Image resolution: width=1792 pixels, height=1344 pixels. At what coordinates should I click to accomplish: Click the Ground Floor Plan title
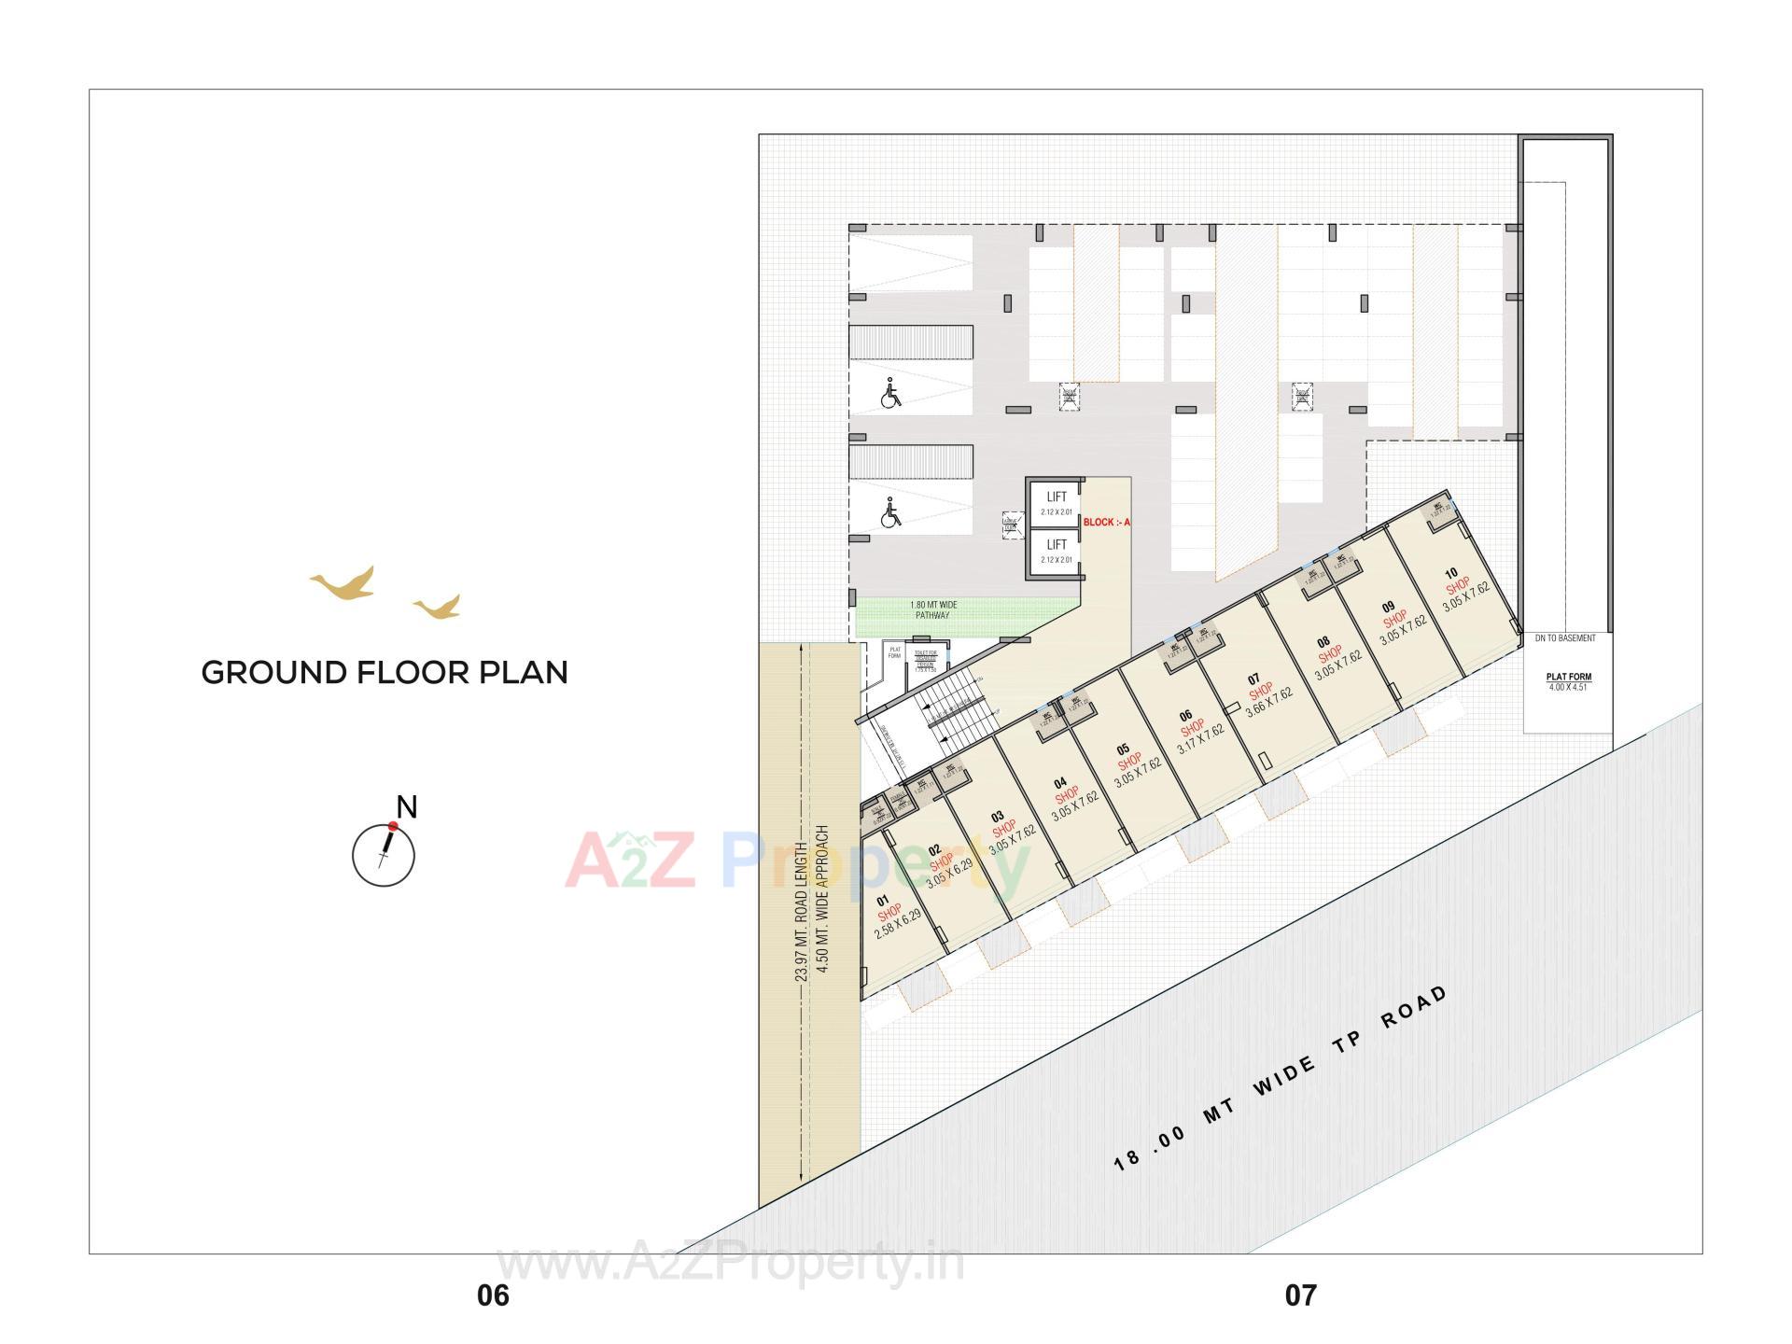point(385,673)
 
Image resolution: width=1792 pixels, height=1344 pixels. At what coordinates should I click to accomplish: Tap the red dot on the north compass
point(393,826)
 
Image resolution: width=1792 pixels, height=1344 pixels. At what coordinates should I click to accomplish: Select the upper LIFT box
point(1056,503)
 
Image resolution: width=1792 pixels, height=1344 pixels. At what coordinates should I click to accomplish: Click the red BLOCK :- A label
point(1107,523)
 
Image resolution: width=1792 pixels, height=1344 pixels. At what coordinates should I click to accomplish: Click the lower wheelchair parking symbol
point(891,512)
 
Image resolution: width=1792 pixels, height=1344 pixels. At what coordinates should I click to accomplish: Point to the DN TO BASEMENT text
point(1565,638)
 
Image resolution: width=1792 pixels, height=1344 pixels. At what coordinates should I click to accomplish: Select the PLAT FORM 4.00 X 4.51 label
point(1568,681)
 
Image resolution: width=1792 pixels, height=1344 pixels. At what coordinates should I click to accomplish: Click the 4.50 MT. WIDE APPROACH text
point(823,898)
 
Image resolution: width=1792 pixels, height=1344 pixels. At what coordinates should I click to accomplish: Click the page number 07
point(1300,1295)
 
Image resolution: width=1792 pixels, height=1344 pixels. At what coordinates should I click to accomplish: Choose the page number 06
point(493,1295)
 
